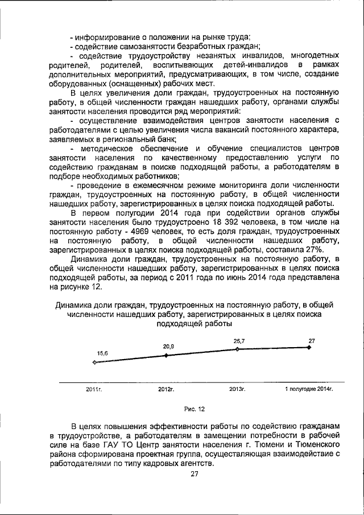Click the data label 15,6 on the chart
point(102,353)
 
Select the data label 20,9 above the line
point(168,346)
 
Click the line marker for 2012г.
point(166,355)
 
